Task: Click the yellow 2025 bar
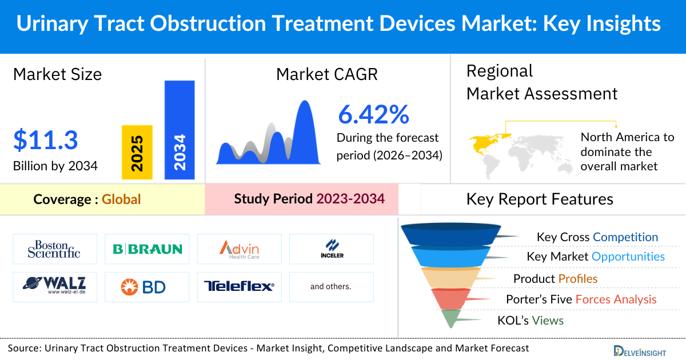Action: coord(137,153)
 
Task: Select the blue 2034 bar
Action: coord(180,130)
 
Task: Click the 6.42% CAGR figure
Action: coord(373,115)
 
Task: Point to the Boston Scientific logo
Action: coord(54,249)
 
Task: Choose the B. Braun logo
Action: coord(147,249)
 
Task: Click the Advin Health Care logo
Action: coord(239,249)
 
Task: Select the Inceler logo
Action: coord(331,249)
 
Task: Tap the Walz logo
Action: coord(54,286)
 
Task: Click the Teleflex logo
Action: coord(239,286)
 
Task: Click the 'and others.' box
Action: coord(331,286)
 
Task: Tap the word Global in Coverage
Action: coord(121,199)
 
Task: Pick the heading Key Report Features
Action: coord(540,199)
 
